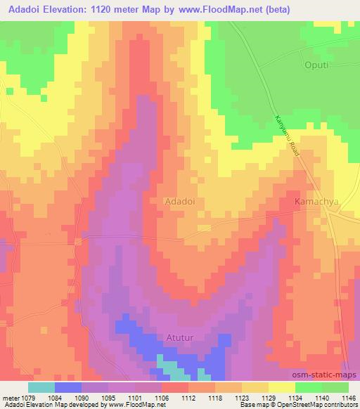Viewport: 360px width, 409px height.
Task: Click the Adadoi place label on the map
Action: (x=179, y=200)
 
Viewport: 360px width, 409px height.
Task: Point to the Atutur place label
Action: (x=181, y=337)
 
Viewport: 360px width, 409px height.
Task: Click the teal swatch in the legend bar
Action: (x=41, y=388)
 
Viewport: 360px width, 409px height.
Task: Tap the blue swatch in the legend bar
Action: (x=68, y=388)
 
